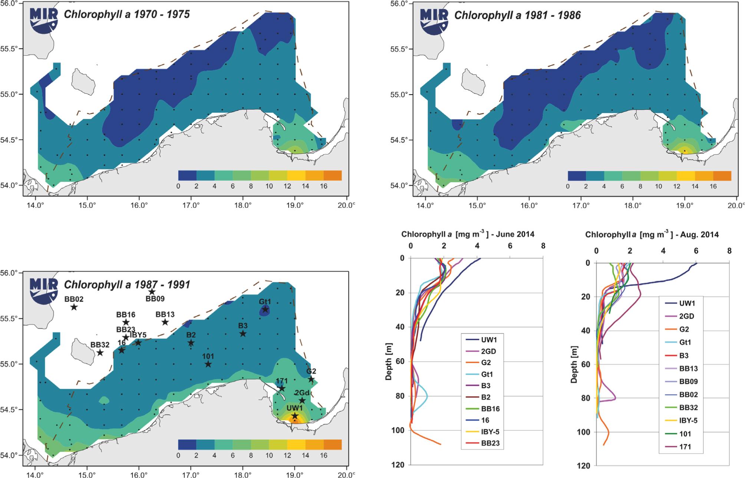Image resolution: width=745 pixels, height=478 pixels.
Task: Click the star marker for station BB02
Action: click(x=74, y=307)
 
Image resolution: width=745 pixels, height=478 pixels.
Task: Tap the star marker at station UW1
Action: click(x=295, y=416)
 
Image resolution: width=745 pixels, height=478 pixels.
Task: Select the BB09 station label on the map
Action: click(x=155, y=299)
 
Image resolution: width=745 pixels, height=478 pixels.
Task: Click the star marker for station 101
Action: click(x=208, y=364)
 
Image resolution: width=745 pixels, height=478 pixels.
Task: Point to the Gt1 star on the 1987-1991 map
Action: click(x=265, y=309)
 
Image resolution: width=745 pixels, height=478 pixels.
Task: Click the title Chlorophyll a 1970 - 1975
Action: click(x=126, y=14)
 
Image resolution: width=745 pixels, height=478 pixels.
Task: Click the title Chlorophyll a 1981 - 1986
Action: click(x=517, y=15)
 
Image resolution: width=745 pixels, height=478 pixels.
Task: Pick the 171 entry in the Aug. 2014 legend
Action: click(x=685, y=447)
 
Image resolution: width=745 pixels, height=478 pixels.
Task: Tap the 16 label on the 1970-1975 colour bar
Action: click(x=324, y=186)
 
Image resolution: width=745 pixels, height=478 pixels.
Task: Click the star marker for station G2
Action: click(x=311, y=379)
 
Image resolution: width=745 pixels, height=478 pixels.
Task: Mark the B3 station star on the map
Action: click(x=243, y=333)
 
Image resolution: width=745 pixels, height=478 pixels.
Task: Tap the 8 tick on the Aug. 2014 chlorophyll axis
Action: click(x=729, y=251)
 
